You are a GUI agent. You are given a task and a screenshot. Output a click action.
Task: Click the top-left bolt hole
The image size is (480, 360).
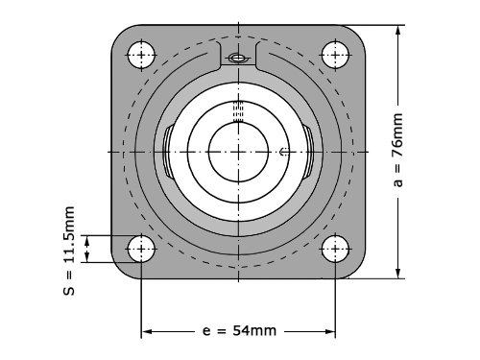pos(141,55)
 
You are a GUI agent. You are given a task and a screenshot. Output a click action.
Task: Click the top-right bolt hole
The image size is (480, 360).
pos(335,55)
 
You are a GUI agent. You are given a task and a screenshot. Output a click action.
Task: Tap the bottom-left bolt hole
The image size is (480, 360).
pos(141,249)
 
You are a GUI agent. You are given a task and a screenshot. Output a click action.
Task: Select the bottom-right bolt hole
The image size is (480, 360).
pos(335,249)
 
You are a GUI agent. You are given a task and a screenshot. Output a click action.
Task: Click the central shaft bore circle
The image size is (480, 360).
pos(238,152)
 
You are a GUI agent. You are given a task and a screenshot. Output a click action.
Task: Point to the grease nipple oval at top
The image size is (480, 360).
pos(238,59)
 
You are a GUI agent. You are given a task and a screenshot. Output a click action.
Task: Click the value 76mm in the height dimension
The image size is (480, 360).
pos(397,135)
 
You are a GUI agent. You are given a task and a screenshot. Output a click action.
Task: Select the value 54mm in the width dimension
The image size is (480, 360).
pos(254,330)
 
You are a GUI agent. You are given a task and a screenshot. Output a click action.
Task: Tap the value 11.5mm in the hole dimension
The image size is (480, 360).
pos(69,235)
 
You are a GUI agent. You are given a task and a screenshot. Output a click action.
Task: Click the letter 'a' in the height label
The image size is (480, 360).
pos(398,182)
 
